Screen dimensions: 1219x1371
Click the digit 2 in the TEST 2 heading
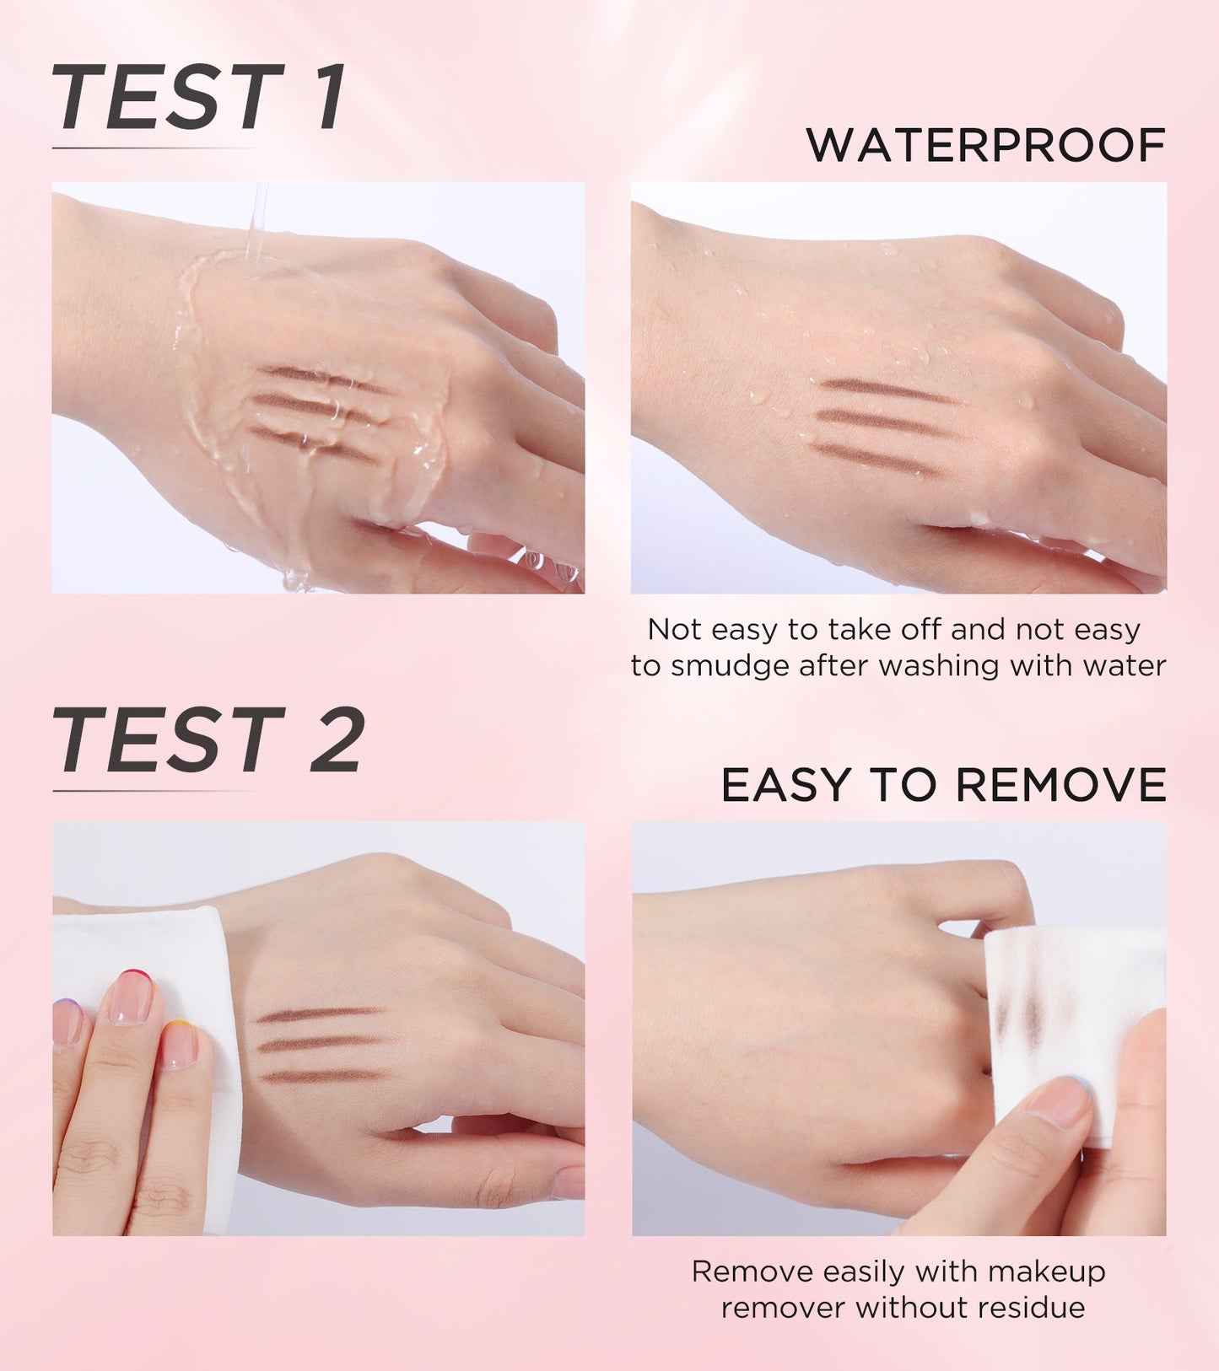337,739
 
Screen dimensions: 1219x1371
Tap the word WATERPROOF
985,145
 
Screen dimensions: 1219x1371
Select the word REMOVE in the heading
1061,785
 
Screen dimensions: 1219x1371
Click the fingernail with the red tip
132,997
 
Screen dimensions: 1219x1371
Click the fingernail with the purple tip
67,1023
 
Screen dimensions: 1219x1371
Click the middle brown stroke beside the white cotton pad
320,1044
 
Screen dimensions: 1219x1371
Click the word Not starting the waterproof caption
674,629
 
